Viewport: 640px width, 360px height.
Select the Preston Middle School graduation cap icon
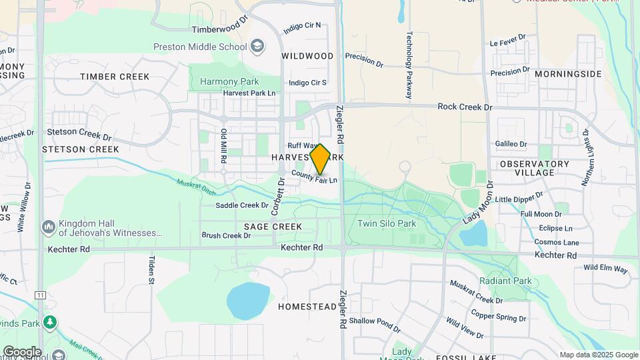click(257, 46)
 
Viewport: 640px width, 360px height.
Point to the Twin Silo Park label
click(387, 224)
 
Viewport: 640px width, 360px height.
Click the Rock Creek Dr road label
click(465, 107)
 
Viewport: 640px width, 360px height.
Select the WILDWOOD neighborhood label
click(307, 56)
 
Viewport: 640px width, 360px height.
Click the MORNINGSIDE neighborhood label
click(568, 73)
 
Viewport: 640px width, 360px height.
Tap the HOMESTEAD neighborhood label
click(307, 307)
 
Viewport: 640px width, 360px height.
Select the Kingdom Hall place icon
click(47, 228)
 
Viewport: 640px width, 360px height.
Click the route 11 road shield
click(41, 294)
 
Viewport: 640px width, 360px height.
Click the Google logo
click(22, 351)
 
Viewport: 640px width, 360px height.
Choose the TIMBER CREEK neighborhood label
click(115, 77)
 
